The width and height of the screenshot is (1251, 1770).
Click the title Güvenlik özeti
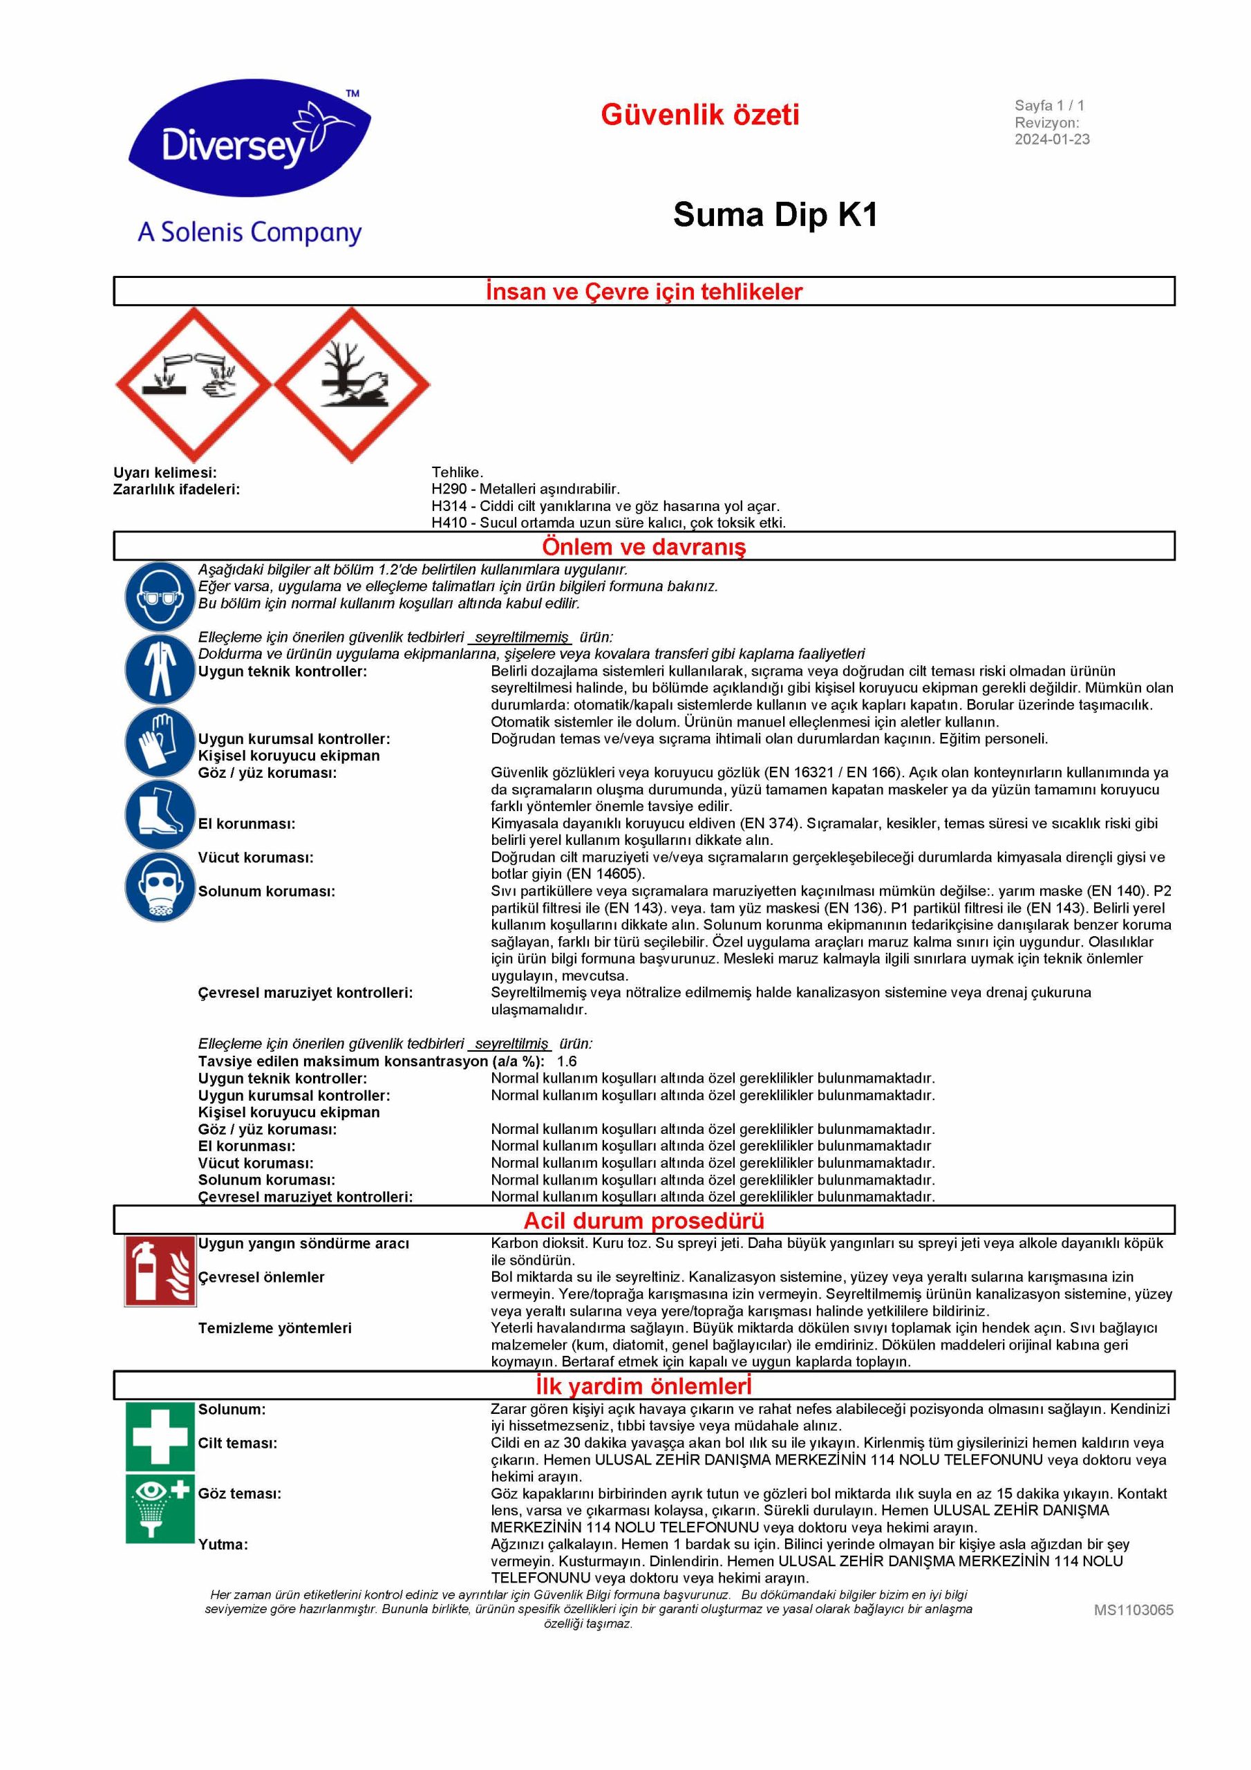point(700,115)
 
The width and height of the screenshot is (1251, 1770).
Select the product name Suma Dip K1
point(775,214)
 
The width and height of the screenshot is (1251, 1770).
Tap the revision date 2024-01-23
point(1051,140)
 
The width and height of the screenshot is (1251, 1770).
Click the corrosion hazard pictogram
point(193,384)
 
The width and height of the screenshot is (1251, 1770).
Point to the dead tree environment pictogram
point(352,384)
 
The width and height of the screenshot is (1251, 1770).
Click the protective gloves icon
point(160,740)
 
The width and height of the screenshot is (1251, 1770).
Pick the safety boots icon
point(160,815)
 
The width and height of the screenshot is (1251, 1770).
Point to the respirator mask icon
point(160,886)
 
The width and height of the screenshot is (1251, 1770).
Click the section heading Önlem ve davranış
point(643,547)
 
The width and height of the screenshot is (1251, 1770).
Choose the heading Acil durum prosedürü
point(643,1220)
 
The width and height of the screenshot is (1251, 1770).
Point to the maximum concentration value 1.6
point(567,1061)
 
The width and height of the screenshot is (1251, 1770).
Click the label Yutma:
point(223,1544)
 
